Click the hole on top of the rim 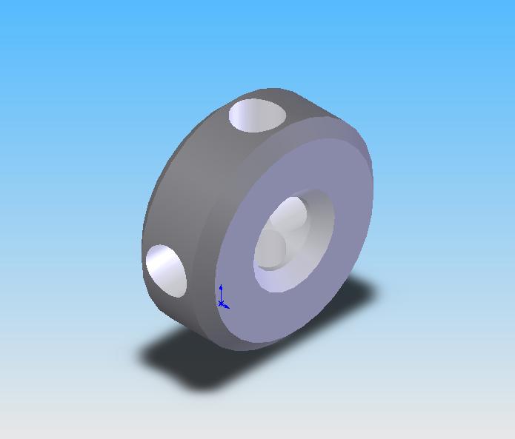(257, 115)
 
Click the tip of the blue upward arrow (221, 286)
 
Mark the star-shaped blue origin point (222, 303)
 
